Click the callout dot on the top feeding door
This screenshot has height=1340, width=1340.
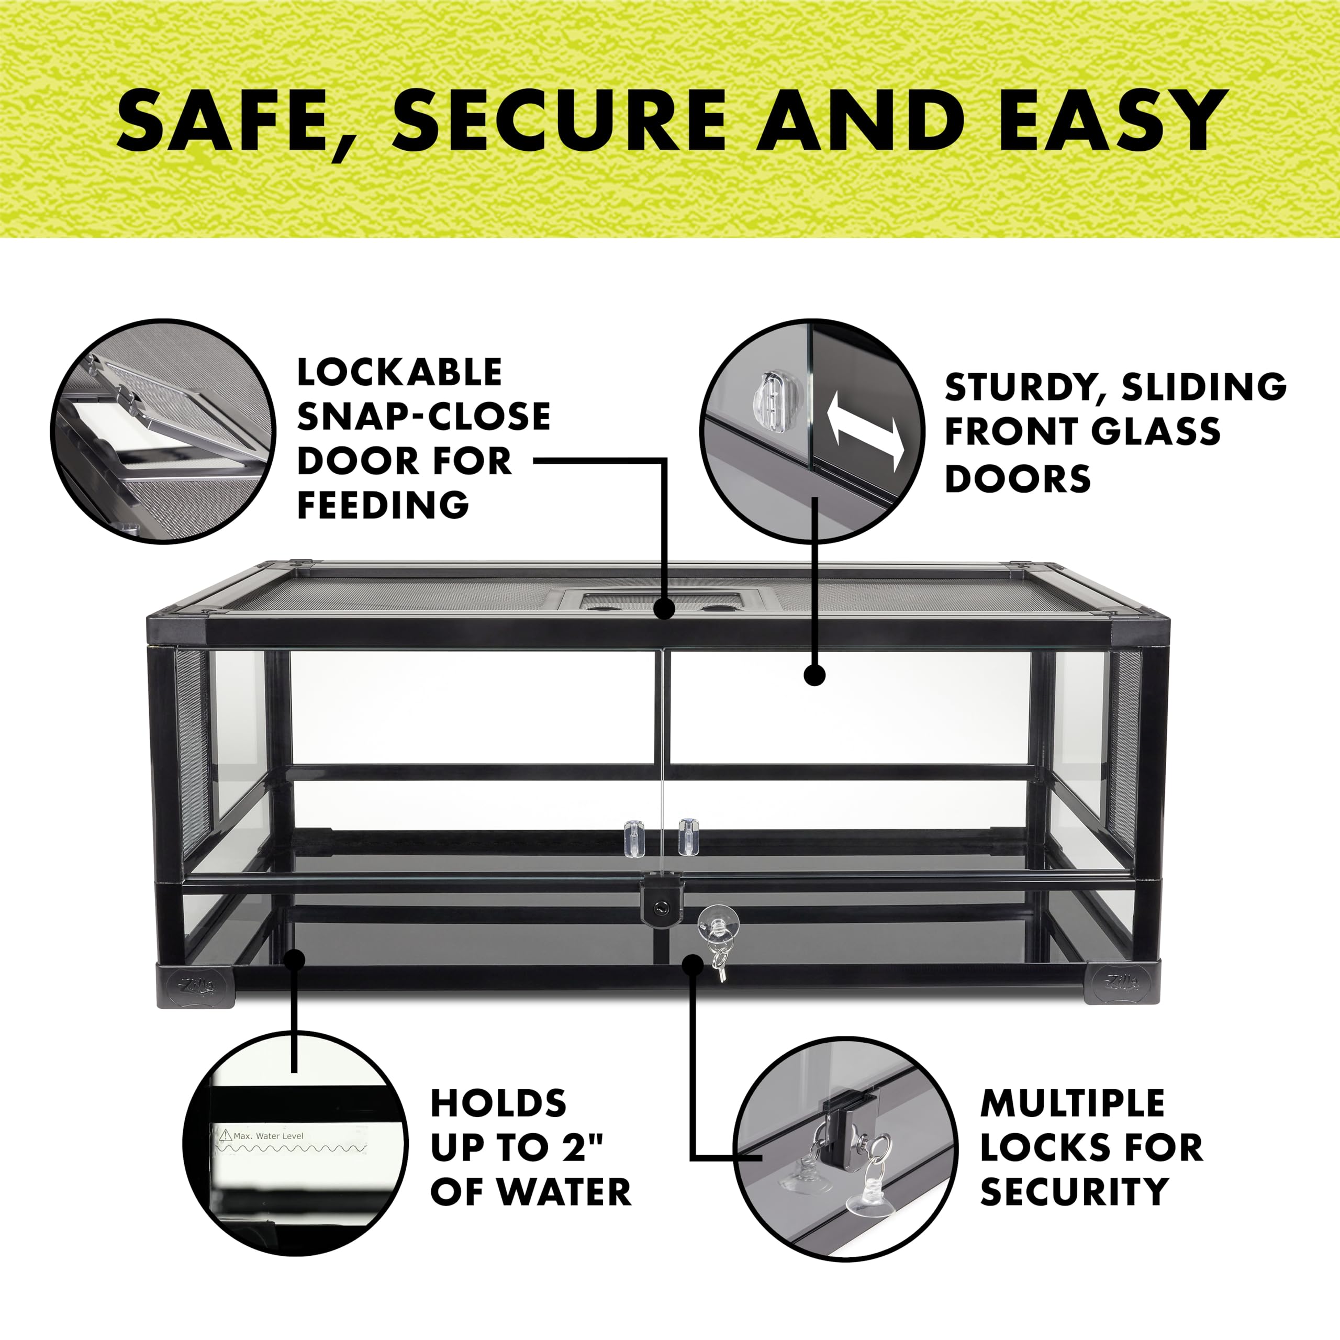[664, 609]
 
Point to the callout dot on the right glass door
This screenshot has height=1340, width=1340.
[815, 675]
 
